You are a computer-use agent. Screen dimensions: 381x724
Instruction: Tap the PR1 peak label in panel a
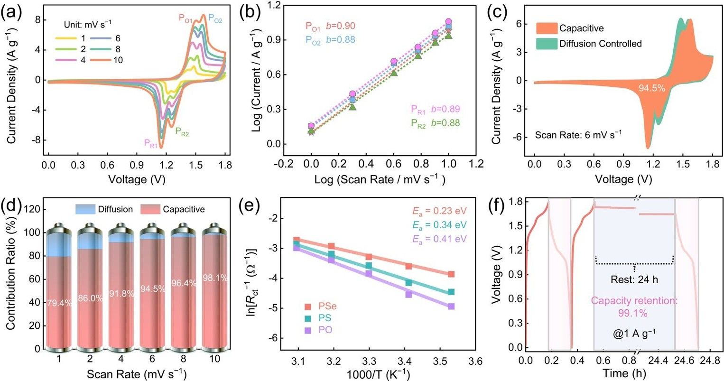pos(150,143)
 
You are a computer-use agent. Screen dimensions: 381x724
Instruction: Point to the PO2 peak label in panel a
pos(215,19)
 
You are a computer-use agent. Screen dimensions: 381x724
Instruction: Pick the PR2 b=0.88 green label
pos(435,123)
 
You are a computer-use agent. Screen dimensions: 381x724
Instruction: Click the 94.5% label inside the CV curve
pos(651,88)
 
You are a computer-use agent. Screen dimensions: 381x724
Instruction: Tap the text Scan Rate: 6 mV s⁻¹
pos(578,135)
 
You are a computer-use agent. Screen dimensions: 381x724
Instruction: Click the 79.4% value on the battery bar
pos(58,303)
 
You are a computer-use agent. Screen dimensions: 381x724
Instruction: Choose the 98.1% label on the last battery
pos(215,278)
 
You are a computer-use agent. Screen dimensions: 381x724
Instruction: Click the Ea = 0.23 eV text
pos(438,212)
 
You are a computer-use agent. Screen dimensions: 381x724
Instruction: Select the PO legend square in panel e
pos(308,330)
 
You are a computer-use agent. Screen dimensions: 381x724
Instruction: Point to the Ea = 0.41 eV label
pos(438,238)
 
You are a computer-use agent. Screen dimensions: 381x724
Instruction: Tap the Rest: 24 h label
pos(634,279)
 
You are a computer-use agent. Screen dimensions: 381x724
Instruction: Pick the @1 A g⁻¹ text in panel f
pos(634,333)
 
